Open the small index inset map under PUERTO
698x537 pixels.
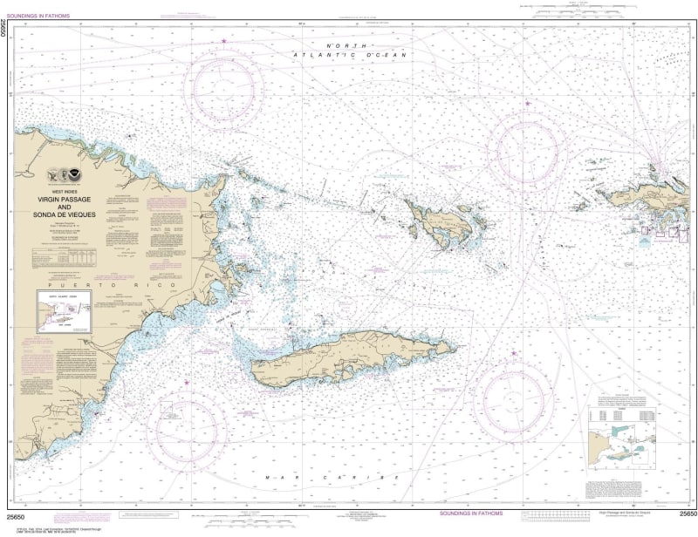[63, 312]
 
